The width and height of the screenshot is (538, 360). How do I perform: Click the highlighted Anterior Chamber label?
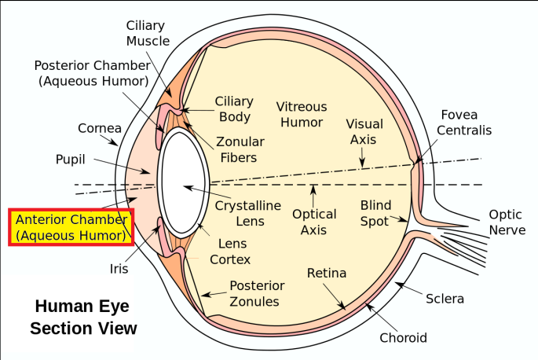71,226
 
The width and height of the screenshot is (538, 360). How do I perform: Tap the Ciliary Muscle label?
148,33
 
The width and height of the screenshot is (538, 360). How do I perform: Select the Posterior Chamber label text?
91,72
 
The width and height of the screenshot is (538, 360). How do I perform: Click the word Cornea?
100,128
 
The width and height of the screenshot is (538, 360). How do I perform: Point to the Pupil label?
71,159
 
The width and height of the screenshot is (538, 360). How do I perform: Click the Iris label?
119,269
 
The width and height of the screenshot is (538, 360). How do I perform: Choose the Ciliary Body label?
235,109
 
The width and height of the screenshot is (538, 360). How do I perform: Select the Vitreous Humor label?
302,114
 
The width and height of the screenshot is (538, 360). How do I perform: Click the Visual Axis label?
364,131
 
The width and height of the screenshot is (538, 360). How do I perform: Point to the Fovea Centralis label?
464,122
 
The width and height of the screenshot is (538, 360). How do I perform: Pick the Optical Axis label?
314,222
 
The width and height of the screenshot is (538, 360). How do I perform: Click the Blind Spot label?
375,213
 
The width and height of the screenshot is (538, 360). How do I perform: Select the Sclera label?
445,299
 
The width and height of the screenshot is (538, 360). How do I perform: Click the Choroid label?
403,338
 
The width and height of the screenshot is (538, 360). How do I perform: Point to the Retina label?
326,273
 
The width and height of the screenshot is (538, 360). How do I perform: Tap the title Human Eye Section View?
83,317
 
